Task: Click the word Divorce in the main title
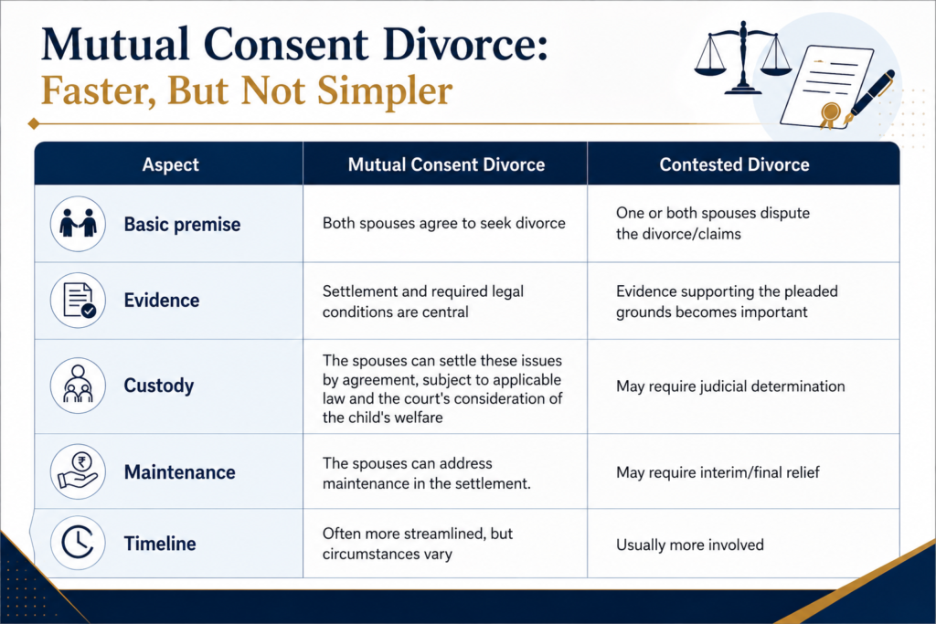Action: coord(465,46)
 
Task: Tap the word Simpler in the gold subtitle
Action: coord(385,91)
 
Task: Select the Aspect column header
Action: coord(170,164)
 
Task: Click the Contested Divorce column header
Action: coord(734,164)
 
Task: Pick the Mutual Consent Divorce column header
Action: coord(446,164)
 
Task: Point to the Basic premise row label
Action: coord(182,225)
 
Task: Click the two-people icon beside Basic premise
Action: coord(78,224)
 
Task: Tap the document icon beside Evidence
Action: coord(78,300)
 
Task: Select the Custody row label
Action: coord(159,386)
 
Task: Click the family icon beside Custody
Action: coord(78,386)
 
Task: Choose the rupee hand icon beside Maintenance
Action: coord(78,471)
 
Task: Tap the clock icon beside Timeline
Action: coord(78,543)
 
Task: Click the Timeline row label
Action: coord(160,544)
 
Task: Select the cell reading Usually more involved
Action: coord(690,545)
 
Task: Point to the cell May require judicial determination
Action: coord(730,386)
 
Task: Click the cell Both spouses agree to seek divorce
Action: coord(444,223)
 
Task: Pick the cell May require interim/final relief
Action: coord(718,472)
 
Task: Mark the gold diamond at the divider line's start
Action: coord(34,123)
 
